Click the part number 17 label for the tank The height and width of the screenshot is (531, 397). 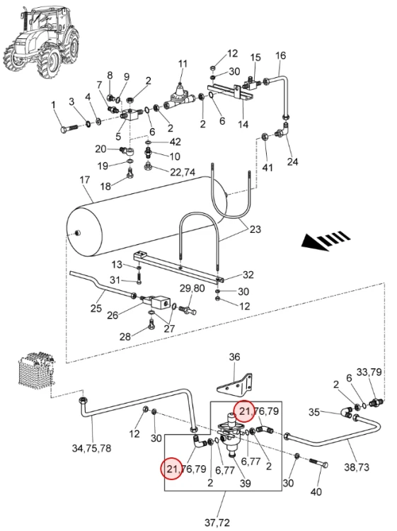tap(85, 180)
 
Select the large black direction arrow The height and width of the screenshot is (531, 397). tap(326, 240)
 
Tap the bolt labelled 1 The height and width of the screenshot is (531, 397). tap(69, 128)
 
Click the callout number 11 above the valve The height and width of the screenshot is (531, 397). tap(183, 64)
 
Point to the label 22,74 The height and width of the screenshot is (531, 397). tap(183, 172)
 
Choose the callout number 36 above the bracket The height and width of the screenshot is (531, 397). tap(234, 357)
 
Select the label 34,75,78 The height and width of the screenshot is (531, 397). tap(91, 448)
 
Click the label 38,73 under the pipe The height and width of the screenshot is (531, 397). tap(357, 467)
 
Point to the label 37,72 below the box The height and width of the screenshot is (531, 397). tap(217, 523)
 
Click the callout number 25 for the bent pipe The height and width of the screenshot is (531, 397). tap(96, 308)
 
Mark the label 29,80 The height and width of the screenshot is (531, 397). tap(192, 288)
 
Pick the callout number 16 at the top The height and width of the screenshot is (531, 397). tap(280, 55)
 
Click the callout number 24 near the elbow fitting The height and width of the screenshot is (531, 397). tap(292, 161)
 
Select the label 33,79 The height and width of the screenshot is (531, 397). tap(369, 372)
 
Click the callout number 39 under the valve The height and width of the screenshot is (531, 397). tap(245, 483)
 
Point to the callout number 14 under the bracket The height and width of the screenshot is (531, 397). tap(243, 125)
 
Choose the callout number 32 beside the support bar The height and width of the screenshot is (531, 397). tap(248, 274)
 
